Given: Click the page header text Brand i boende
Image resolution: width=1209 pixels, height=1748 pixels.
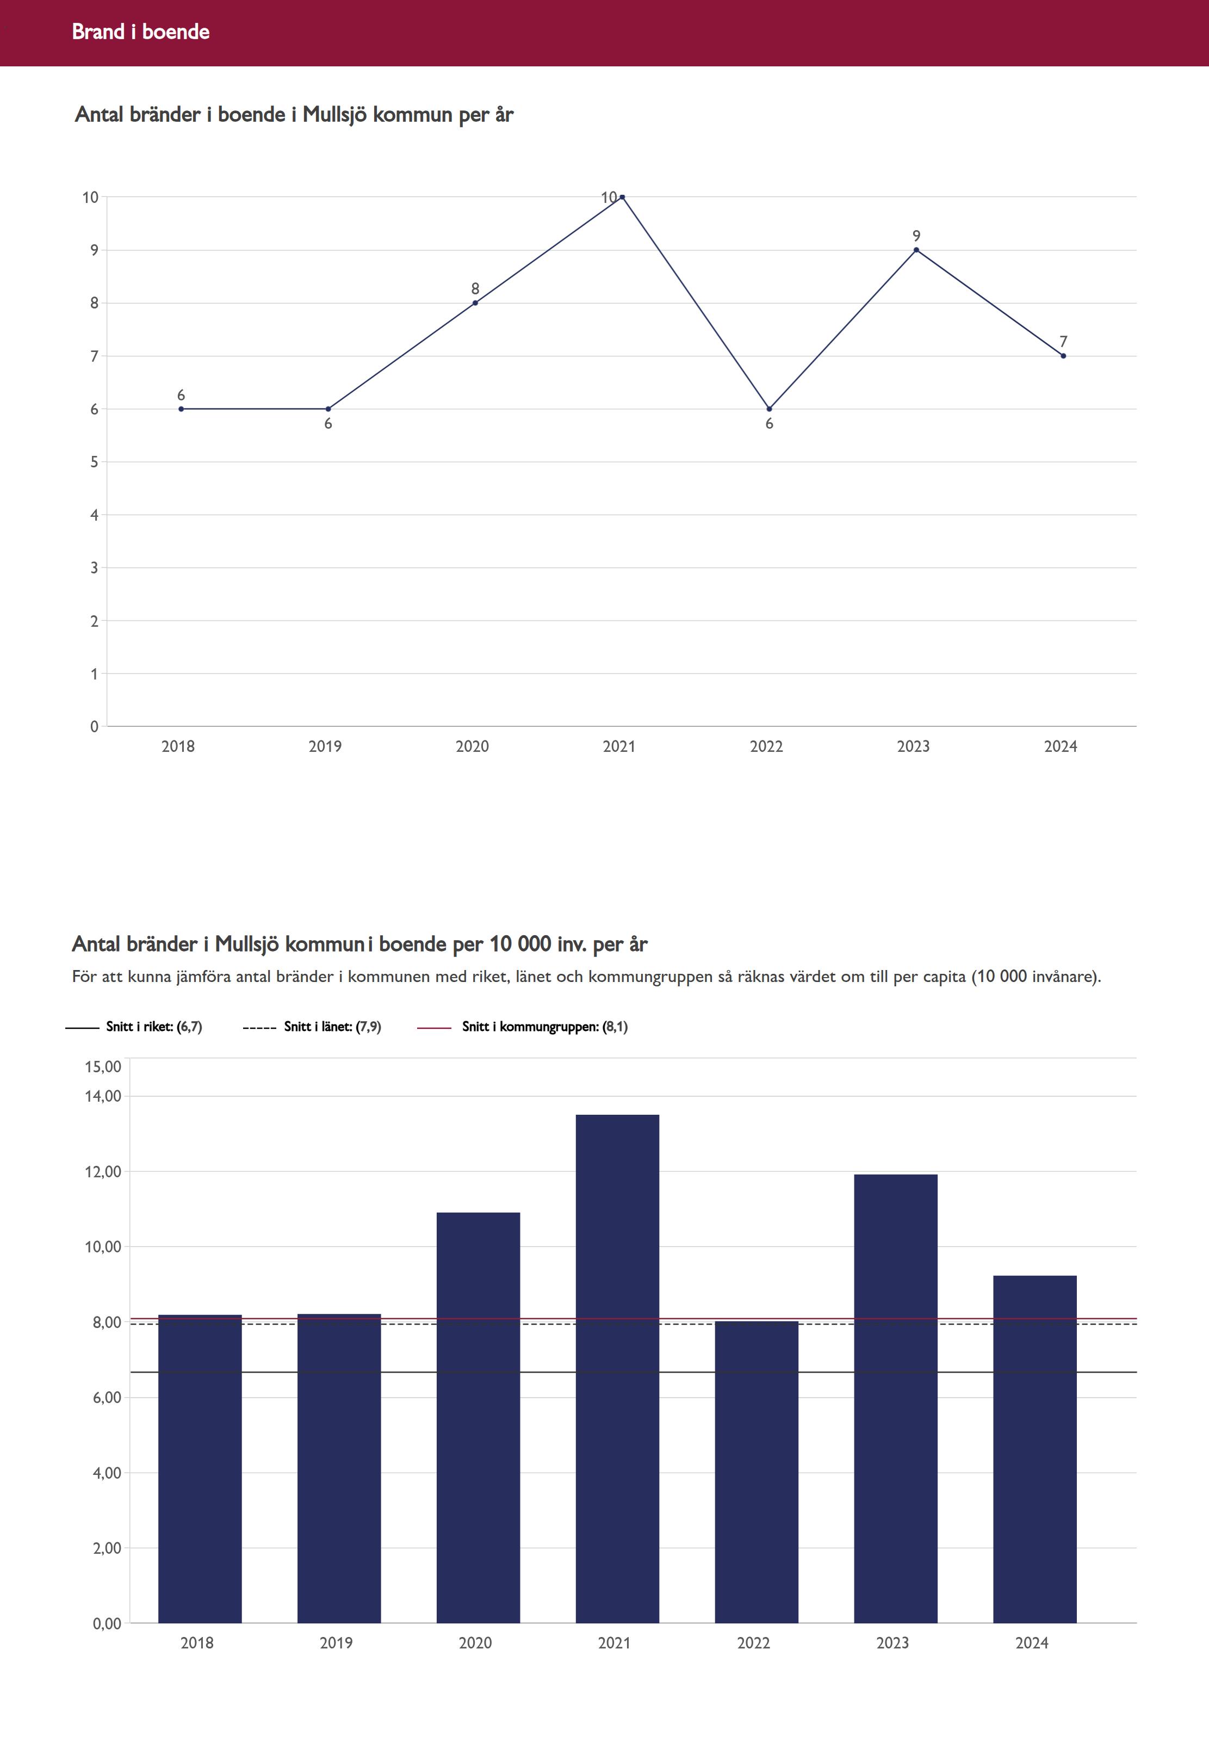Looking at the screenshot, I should (140, 32).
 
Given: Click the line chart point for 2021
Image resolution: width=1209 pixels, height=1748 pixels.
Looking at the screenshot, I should (622, 197).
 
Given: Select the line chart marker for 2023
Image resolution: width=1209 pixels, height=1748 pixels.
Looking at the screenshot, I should (916, 250).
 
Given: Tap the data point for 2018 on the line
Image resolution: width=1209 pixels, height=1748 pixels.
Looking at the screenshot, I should (181, 409).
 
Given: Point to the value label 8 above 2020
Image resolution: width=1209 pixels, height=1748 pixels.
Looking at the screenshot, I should (475, 289).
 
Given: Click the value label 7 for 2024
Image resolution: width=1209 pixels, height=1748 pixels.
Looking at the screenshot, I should (1063, 342).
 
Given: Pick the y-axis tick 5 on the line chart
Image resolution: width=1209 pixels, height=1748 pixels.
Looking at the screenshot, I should (94, 462).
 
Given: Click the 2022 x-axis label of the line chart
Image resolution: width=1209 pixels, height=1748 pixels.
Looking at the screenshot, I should (766, 746).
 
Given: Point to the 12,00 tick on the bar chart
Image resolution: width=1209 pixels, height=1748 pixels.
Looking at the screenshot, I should (102, 1171).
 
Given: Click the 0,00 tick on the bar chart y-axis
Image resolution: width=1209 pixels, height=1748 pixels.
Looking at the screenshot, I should (107, 1623).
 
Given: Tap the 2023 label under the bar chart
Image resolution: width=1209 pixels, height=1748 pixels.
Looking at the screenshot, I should (892, 1642).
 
